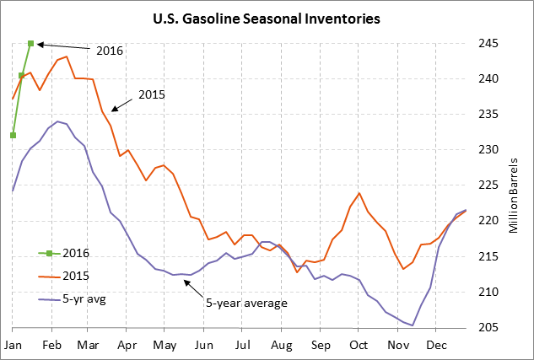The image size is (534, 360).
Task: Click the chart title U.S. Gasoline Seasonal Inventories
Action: tap(266, 17)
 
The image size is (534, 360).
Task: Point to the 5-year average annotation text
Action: tap(246, 303)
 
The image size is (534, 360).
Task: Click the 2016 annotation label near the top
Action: tap(109, 51)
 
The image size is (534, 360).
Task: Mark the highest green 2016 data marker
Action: tap(30, 43)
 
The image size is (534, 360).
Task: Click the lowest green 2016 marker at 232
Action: tap(13, 135)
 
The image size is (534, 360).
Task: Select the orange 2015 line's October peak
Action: tap(359, 193)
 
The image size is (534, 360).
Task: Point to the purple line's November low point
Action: tap(413, 325)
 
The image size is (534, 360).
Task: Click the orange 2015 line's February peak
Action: tap(66, 56)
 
